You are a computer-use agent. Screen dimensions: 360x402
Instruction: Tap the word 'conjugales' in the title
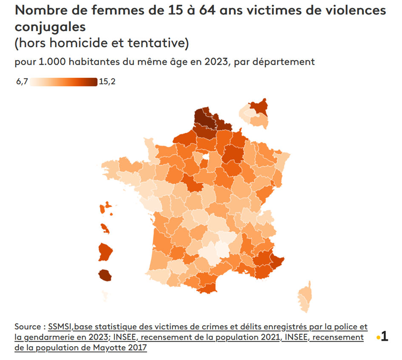[x=50, y=27]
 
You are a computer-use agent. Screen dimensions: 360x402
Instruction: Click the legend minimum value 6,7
[x=22, y=82]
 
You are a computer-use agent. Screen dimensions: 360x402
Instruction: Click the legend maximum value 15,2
[x=107, y=82]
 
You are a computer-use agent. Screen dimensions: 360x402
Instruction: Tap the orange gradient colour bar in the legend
[x=64, y=82]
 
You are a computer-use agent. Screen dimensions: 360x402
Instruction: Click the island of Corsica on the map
[x=305, y=296]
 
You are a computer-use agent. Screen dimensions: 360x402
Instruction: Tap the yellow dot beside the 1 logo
[x=378, y=338]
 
